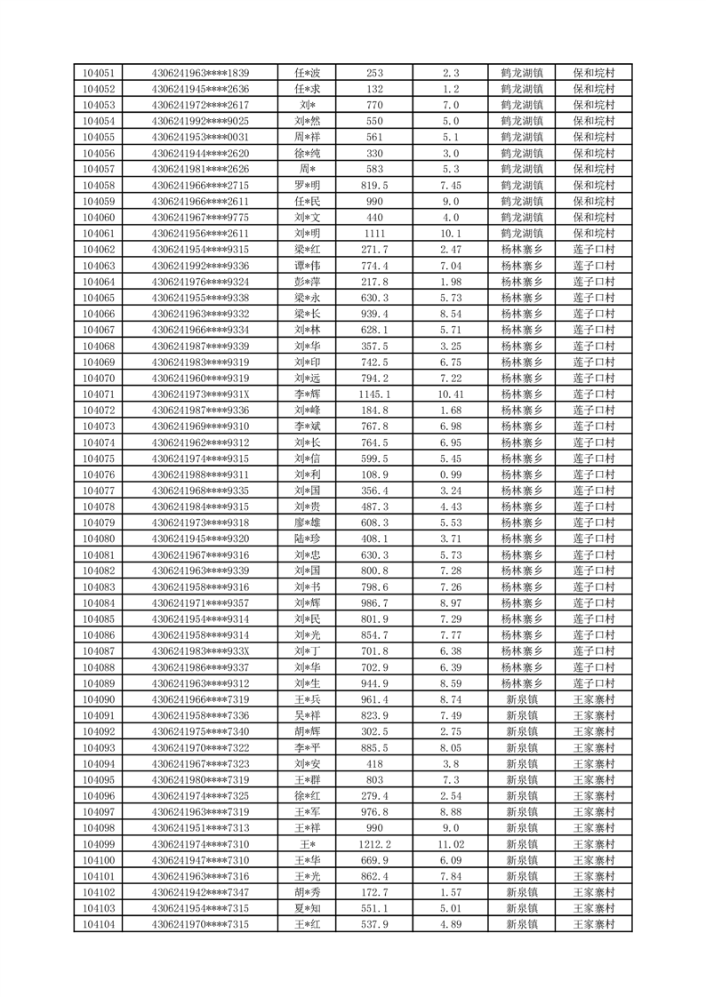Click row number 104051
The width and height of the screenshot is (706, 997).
98,73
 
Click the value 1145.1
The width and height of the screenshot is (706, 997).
374,395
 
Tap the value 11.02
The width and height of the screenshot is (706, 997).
450,844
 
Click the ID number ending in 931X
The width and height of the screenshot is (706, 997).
201,395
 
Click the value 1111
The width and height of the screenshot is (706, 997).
374,234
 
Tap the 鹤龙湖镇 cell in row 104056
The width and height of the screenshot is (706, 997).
522,154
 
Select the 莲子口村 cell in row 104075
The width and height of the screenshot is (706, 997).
595,459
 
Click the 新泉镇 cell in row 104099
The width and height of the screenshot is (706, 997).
522,844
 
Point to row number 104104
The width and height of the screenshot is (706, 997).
98,925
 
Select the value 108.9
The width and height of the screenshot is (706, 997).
374,475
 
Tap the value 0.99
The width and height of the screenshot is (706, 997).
450,475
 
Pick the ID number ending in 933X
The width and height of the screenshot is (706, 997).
201,651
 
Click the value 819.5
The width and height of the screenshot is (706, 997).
374,186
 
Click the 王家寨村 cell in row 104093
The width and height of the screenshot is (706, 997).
595,748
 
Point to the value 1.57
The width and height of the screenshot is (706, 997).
450,893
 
